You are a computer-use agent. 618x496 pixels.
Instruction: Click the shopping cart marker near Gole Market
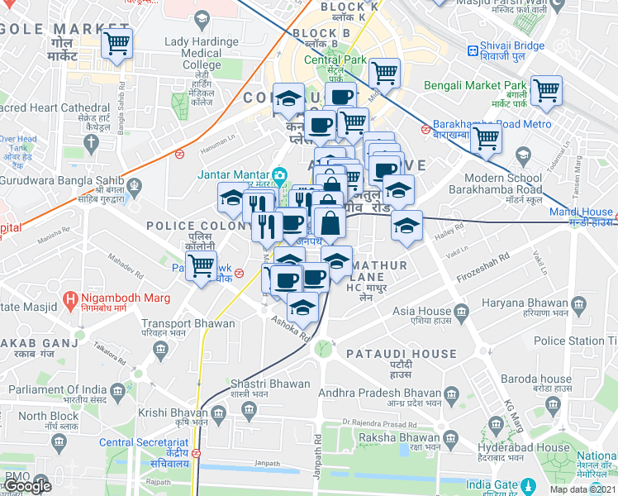tap(116, 42)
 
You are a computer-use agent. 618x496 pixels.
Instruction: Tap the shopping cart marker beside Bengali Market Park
tap(546, 90)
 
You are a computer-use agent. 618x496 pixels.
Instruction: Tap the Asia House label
tap(415, 312)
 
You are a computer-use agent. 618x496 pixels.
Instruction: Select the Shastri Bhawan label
tap(259, 384)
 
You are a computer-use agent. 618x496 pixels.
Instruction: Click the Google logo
tap(27, 486)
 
